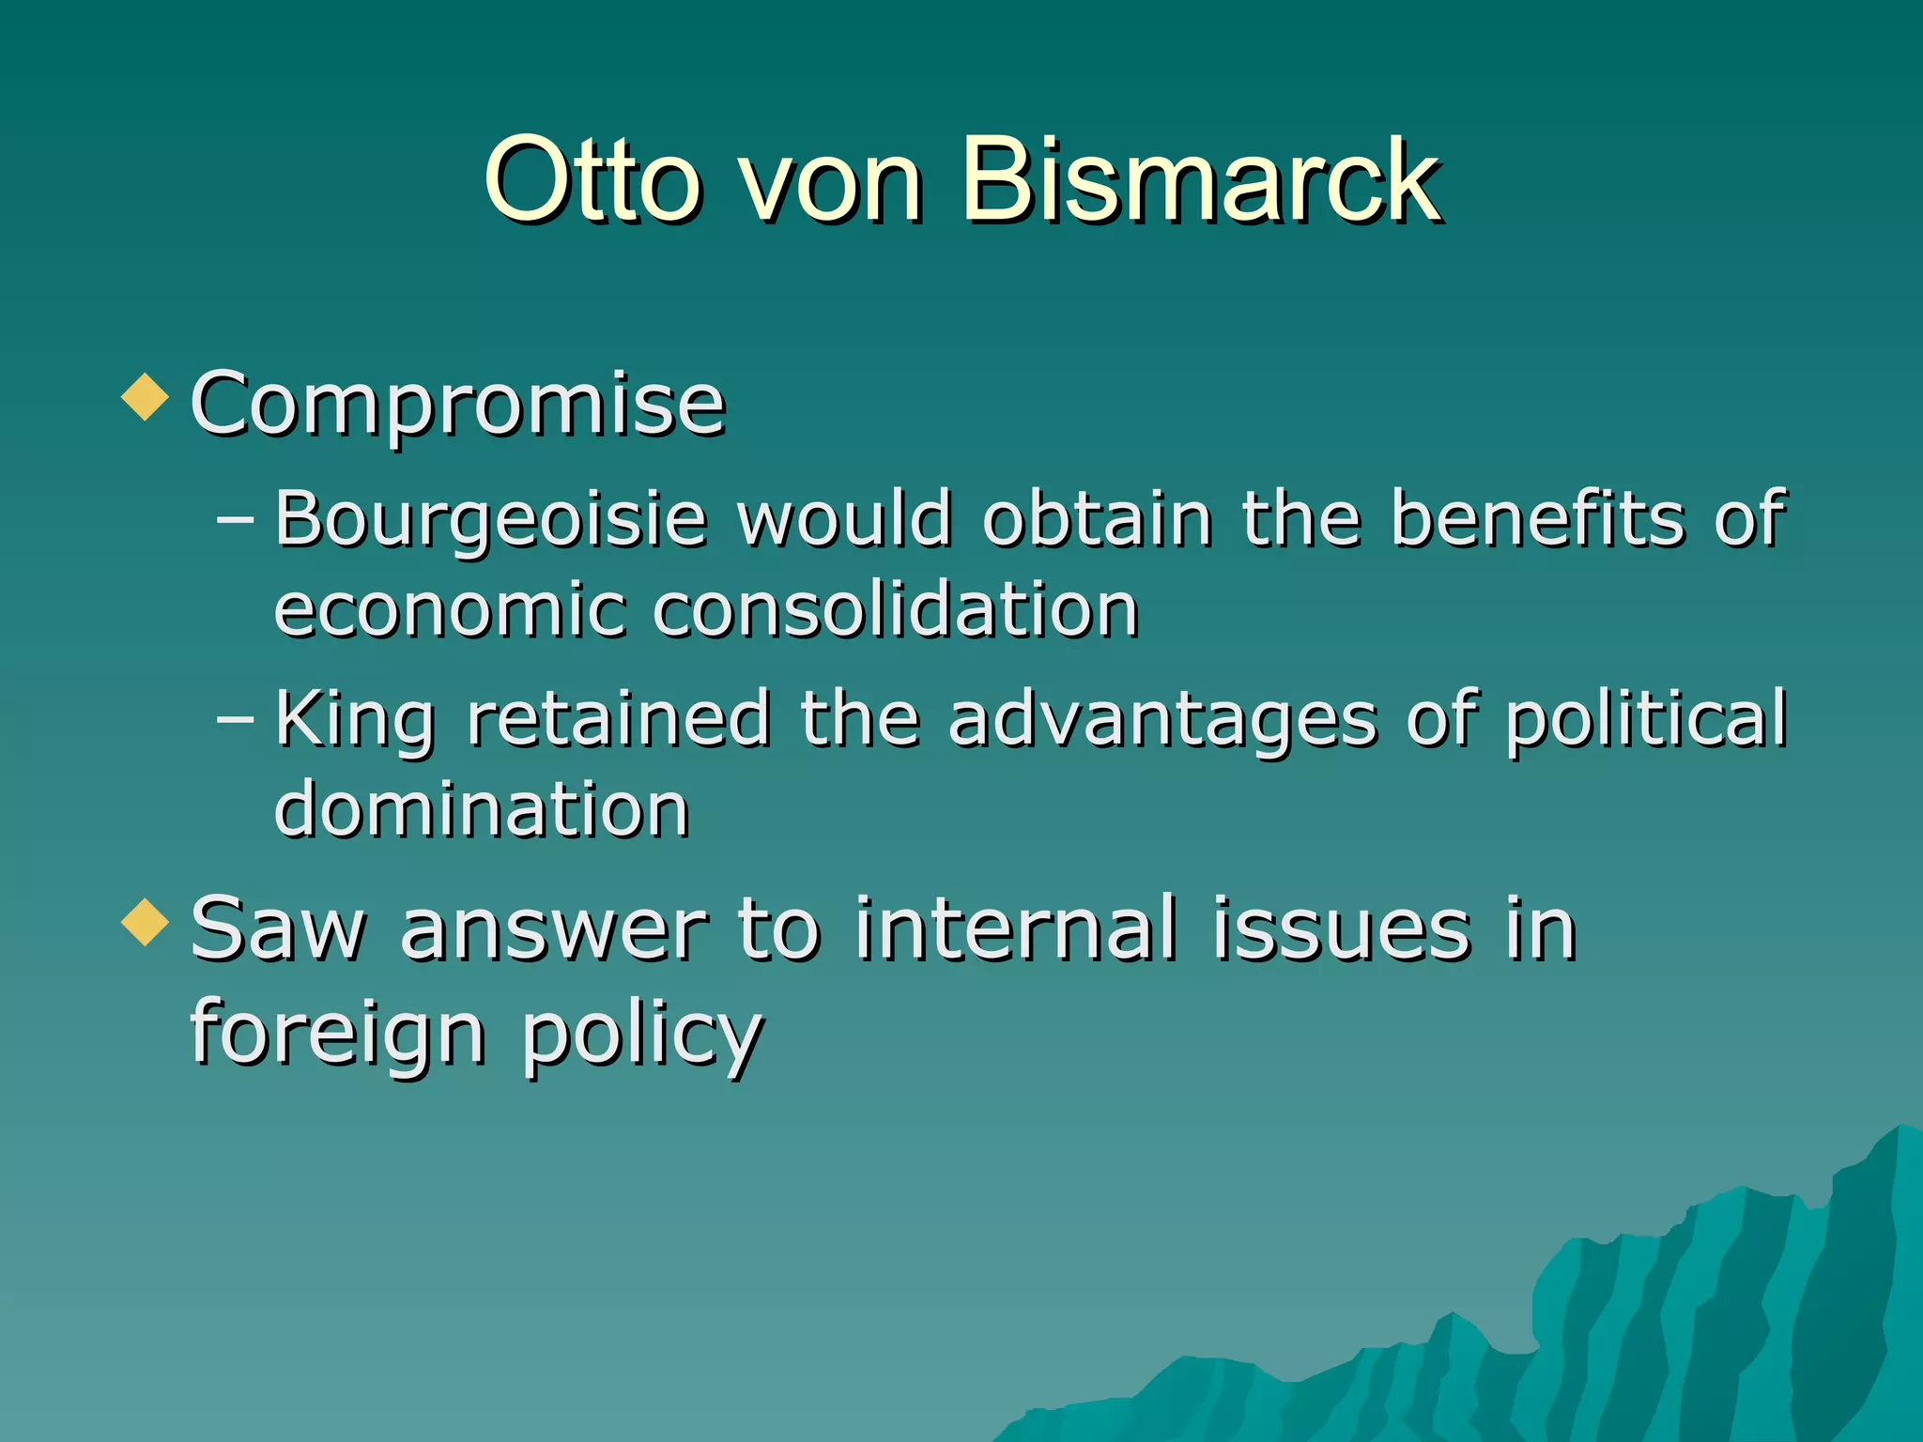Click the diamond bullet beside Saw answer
(146, 922)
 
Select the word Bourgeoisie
(490, 519)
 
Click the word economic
(449, 610)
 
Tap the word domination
(482, 808)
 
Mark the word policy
(642, 1033)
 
